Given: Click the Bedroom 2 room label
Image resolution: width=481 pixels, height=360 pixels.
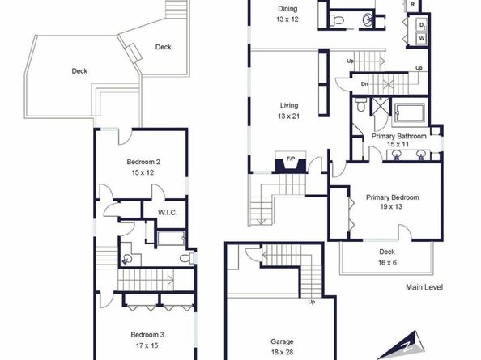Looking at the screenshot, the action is tap(143, 162).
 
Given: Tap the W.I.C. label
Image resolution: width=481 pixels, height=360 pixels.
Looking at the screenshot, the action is tap(168, 212).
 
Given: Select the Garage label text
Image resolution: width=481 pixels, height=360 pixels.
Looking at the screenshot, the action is tap(282, 341).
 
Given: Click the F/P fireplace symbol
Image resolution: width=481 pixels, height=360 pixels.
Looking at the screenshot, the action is tap(291, 163).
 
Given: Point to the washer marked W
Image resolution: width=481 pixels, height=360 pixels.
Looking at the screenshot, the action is tap(422, 39).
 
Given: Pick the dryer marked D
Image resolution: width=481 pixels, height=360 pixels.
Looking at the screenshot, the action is tap(422, 25).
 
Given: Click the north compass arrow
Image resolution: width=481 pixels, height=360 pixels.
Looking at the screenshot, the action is tap(402, 345).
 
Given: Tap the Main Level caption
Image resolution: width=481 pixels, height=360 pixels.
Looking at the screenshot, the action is tap(424, 287).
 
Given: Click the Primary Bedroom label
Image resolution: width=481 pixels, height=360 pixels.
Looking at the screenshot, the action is tap(393, 197).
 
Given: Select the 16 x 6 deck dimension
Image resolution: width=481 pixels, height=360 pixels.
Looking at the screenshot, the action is tap(387, 263).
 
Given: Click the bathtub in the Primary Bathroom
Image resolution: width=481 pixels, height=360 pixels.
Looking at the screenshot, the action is tap(410, 113).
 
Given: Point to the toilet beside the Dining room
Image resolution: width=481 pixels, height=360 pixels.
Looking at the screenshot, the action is tap(337, 20).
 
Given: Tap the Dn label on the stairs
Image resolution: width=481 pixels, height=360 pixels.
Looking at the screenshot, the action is tap(364, 83).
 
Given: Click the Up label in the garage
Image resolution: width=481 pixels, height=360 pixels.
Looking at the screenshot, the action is tap(312, 302).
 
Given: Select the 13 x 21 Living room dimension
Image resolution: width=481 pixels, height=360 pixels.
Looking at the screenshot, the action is tap(288, 116).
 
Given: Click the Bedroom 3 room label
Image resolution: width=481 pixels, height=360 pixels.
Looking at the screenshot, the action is tap(147, 335).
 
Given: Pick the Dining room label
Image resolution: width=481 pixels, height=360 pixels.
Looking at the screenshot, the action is tap(287, 9).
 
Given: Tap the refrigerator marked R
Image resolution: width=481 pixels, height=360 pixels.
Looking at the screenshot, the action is tap(413, 5).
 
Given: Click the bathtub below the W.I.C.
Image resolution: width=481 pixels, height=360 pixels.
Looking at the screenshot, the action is tap(171, 238).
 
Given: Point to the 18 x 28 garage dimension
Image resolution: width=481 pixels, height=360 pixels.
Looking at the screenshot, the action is tap(282, 352).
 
